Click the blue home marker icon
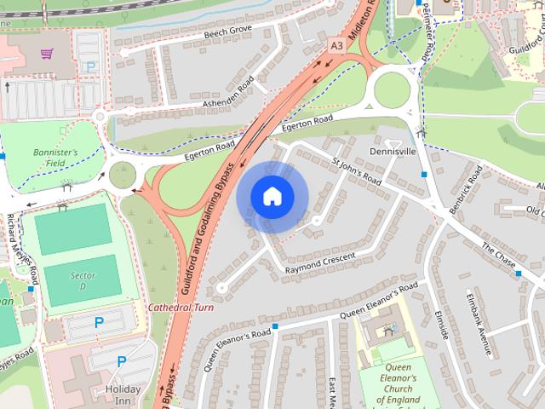click(x=272, y=196)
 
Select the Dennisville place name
click(x=392, y=151)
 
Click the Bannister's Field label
click(x=55, y=158)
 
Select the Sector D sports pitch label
click(x=82, y=280)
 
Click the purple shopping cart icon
click(x=46, y=53)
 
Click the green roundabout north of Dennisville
click(x=392, y=89)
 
